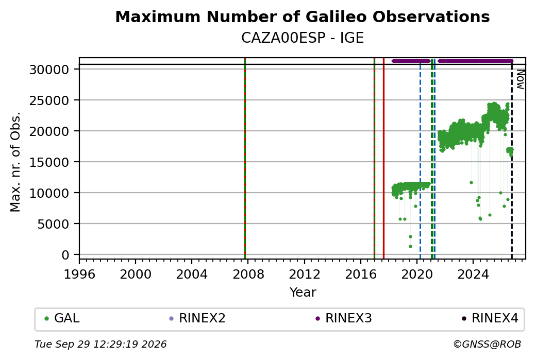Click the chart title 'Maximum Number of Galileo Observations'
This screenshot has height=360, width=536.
(x=302, y=16)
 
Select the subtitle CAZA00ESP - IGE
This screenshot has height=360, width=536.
(x=302, y=38)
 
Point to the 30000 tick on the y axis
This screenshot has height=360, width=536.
(x=49, y=70)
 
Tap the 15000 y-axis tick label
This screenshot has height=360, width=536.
(x=49, y=162)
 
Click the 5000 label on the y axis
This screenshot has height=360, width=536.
(x=53, y=224)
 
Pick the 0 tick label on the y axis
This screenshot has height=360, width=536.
(x=65, y=255)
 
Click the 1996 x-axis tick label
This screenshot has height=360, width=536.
(x=79, y=275)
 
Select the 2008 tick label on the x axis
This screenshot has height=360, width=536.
(x=248, y=275)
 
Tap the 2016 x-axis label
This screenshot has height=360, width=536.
(x=361, y=275)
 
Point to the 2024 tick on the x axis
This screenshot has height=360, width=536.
(x=473, y=275)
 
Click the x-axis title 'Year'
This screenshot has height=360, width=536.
(x=303, y=293)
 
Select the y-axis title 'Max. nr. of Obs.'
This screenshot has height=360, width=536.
(x=15, y=162)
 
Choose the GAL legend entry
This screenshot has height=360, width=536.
(x=62, y=318)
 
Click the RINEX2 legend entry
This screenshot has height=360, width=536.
(x=197, y=318)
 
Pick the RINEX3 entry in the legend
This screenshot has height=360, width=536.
(x=344, y=318)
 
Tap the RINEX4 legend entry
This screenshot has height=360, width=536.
(x=490, y=318)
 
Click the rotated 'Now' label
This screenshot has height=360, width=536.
(x=520, y=79)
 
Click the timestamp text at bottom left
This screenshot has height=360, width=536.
(x=100, y=344)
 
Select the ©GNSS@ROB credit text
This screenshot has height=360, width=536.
(x=487, y=344)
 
